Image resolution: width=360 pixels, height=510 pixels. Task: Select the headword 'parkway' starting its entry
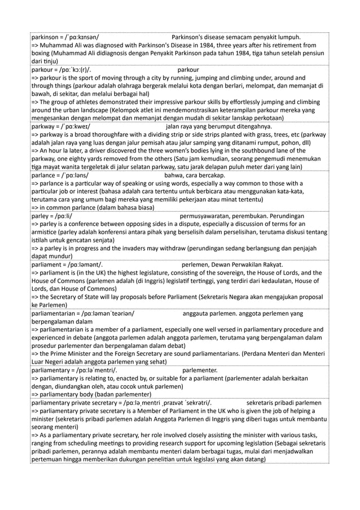[45, 127]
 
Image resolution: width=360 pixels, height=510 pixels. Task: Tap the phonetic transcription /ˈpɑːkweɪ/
[80, 127]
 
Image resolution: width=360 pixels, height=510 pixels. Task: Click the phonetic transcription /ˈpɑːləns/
[77, 176]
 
